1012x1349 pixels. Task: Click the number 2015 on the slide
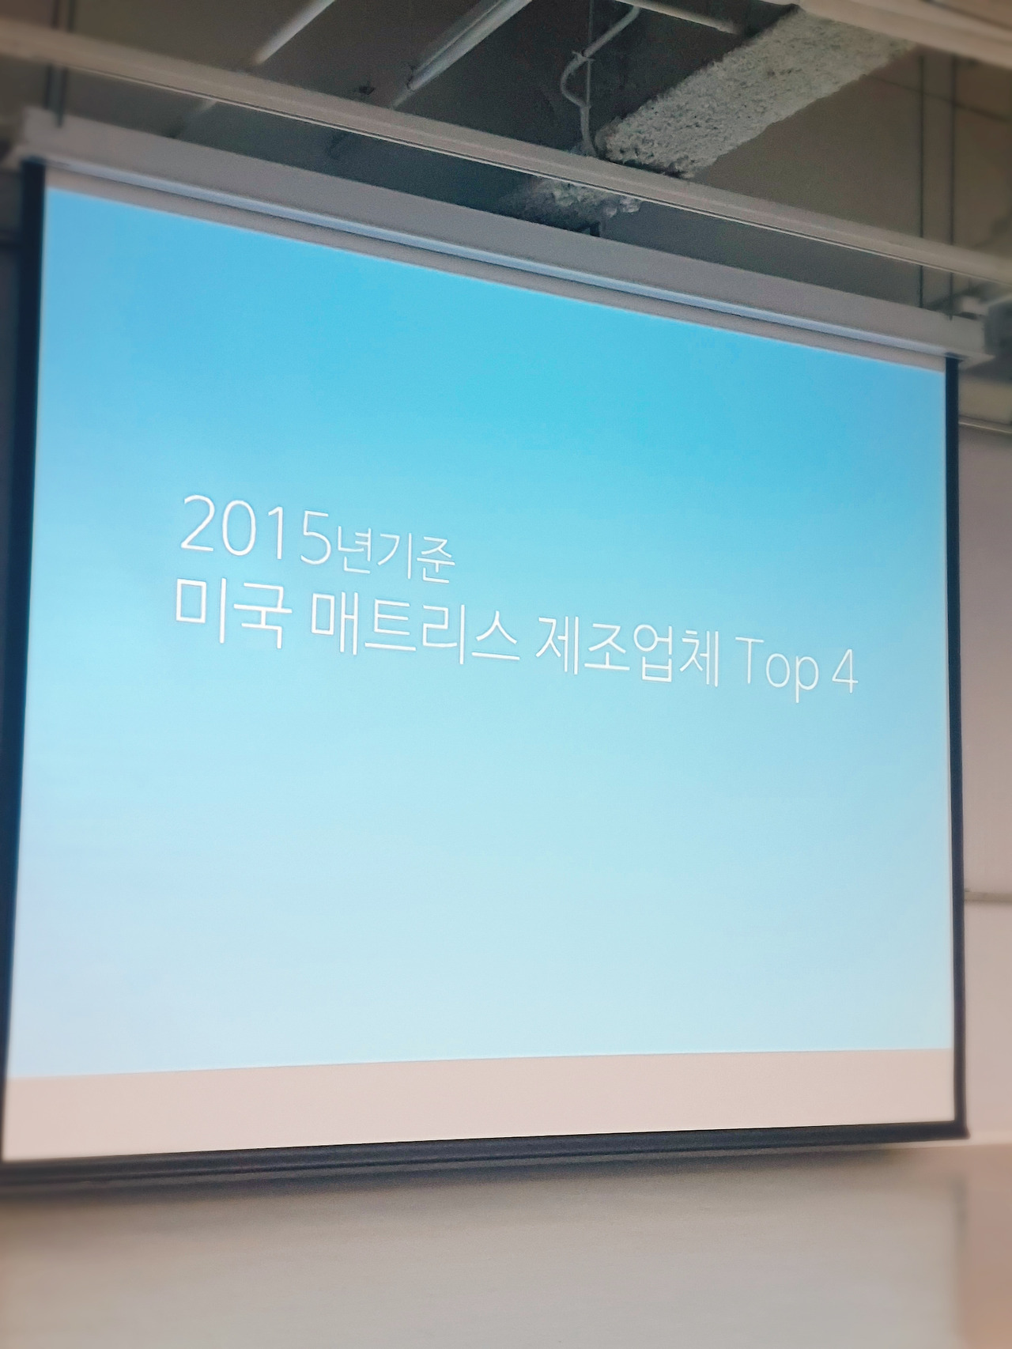252,529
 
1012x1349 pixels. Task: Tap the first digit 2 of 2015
195,523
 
